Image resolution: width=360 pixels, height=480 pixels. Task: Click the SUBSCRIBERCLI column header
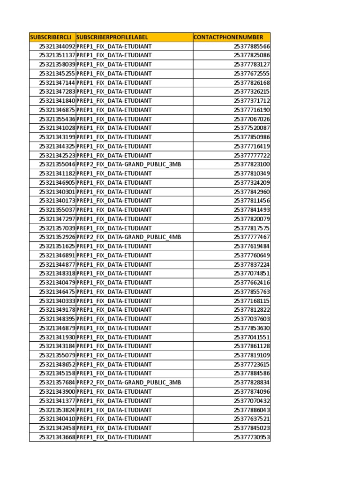point(51,37)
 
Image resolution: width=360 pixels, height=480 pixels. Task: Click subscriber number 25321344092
point(57,46)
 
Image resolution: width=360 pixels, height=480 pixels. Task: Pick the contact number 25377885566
point(252,46)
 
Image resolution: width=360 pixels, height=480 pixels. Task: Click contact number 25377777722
point(252,155)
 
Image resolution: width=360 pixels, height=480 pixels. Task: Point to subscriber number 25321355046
point(57,165)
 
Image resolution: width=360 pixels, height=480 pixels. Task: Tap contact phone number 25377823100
point(252,165)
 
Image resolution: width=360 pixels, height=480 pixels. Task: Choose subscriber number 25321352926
point(57,237)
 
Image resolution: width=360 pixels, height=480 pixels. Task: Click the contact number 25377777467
point(252,237)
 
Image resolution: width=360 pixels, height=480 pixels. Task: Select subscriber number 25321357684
point(57,382)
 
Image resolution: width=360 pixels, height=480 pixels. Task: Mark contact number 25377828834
point(252,382)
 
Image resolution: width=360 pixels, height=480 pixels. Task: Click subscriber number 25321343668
point(57,437)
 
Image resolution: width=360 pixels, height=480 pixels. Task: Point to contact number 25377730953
point(252,437)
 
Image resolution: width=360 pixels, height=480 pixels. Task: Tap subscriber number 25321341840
point(57,101)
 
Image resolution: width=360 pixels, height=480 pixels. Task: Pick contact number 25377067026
point(252,119)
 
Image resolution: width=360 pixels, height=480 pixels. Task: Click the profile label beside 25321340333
point(114,301)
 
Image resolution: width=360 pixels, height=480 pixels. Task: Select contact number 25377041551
point(252,337)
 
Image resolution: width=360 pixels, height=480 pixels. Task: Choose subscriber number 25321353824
point(57,410)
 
